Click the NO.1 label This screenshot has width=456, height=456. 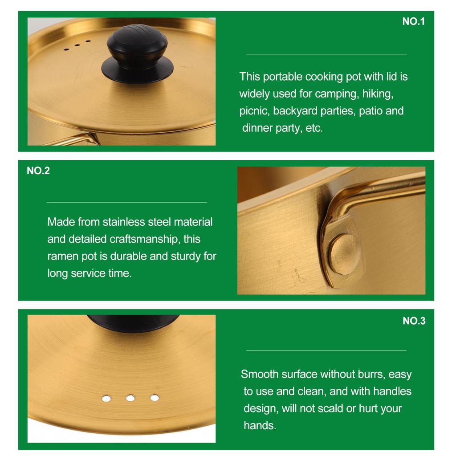click(x=413, y=21)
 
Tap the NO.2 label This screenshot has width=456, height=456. click(x=38, y=171)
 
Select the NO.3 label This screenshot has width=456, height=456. click(x=414, y=321)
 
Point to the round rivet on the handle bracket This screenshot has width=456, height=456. click(x=344, y=254)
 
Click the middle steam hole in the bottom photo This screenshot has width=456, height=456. click(x=130, y=398)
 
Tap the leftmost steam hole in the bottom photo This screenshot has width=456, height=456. click(x=106, y=398)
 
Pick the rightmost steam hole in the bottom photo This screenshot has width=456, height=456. click(x=155, y=397)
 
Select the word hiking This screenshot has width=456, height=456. click(x=378, y=94)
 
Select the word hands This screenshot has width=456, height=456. click(x=260, y=425)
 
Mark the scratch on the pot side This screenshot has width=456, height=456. click(x=298, y=276)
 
